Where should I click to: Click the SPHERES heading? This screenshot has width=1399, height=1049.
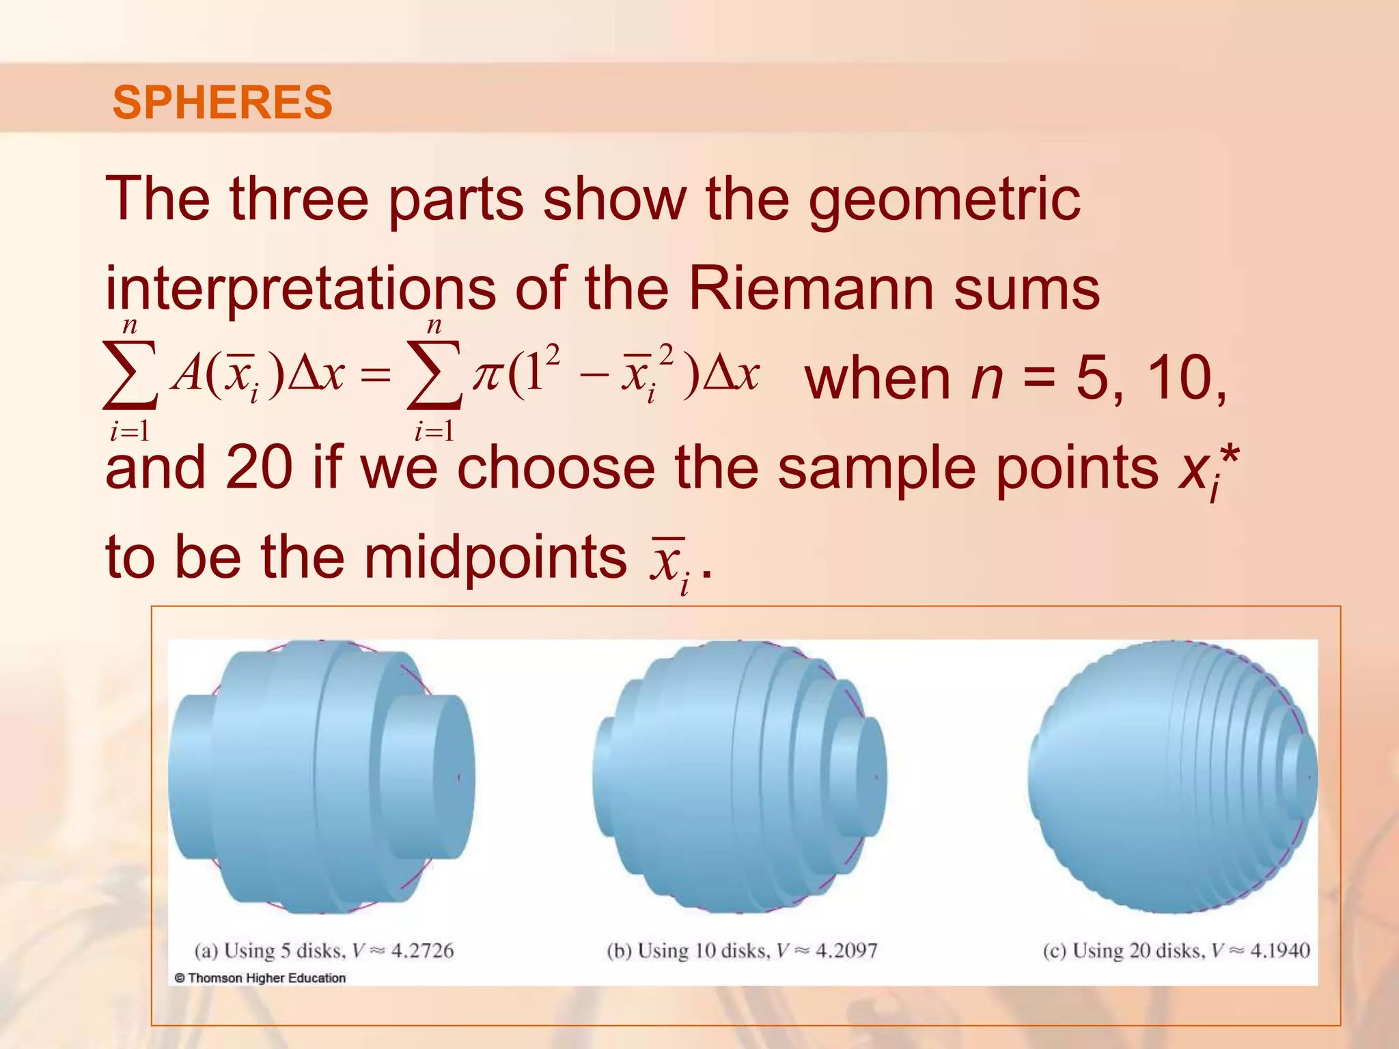click(222, 102)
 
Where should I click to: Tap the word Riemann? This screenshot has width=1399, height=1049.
click(810, 289)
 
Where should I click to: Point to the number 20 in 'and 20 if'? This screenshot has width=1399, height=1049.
click(259, 468)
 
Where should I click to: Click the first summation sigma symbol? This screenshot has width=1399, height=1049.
click(130, 376)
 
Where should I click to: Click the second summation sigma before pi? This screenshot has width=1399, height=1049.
click(434, 376)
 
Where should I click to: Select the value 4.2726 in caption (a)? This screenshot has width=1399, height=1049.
click(421, 951)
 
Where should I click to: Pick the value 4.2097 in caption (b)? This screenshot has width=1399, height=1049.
click(846, 951)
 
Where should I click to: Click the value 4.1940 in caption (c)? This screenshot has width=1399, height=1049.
click(1279, 951)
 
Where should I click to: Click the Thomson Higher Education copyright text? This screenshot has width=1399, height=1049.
click(260, 978)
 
